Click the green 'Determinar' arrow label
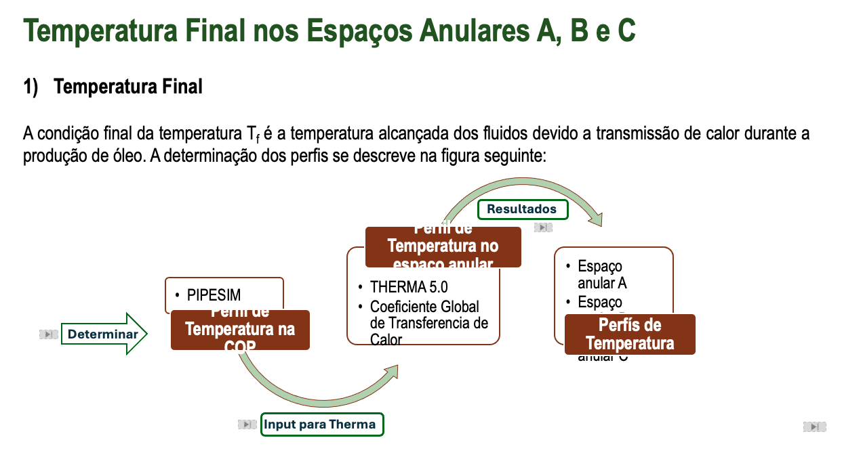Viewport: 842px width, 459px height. [x=103, y=334]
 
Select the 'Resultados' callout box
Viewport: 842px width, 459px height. [x=522, y=209]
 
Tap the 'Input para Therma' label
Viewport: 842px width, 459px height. [x=321, y=424]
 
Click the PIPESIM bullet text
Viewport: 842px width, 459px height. [x=214, y=294]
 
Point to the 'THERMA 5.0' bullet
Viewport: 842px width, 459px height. [x=408, y=286]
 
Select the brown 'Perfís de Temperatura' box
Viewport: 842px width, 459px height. [x=630, y=334]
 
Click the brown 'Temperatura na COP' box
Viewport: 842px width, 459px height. [x=240, y=330]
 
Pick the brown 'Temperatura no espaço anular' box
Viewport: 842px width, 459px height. [x=443, y=247]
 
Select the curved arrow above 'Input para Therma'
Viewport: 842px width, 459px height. [x=319, y=389]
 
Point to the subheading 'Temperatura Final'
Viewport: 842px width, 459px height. [x=127, y=87]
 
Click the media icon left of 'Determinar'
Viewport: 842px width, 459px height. [x=48, y=334]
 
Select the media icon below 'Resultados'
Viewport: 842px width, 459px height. [x=543, y=227]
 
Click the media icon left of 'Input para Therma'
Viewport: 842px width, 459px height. [x=247, y=424]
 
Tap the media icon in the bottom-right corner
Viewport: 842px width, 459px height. [x=814, y=427]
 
